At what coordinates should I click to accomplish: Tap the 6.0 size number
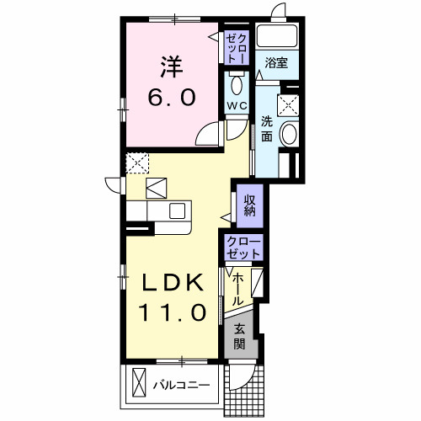point(172,97)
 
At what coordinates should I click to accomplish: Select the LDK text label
point(173,282)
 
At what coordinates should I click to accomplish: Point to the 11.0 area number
point(173,312)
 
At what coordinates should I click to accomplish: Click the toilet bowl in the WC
point(237,84)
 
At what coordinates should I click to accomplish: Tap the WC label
point(237,106)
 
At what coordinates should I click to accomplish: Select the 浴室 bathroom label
point(276,62)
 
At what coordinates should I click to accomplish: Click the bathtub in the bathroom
point(277,36)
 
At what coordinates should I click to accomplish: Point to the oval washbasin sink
point(290,134)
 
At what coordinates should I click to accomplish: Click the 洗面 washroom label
point(267,129)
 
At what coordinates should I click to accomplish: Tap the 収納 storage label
point(249,205)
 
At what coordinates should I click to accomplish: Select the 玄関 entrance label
point(239,337)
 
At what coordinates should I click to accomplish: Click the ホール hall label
point(237,290)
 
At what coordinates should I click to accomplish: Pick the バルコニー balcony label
point(181,385)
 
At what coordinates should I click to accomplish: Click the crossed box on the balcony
point(139,382)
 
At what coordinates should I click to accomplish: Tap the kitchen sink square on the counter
point(177,210)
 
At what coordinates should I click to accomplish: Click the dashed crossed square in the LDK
point(137,163)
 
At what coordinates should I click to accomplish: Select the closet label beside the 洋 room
point(237,48)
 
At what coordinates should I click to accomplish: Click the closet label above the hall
point(243,248)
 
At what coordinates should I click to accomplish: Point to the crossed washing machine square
point(288,105)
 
